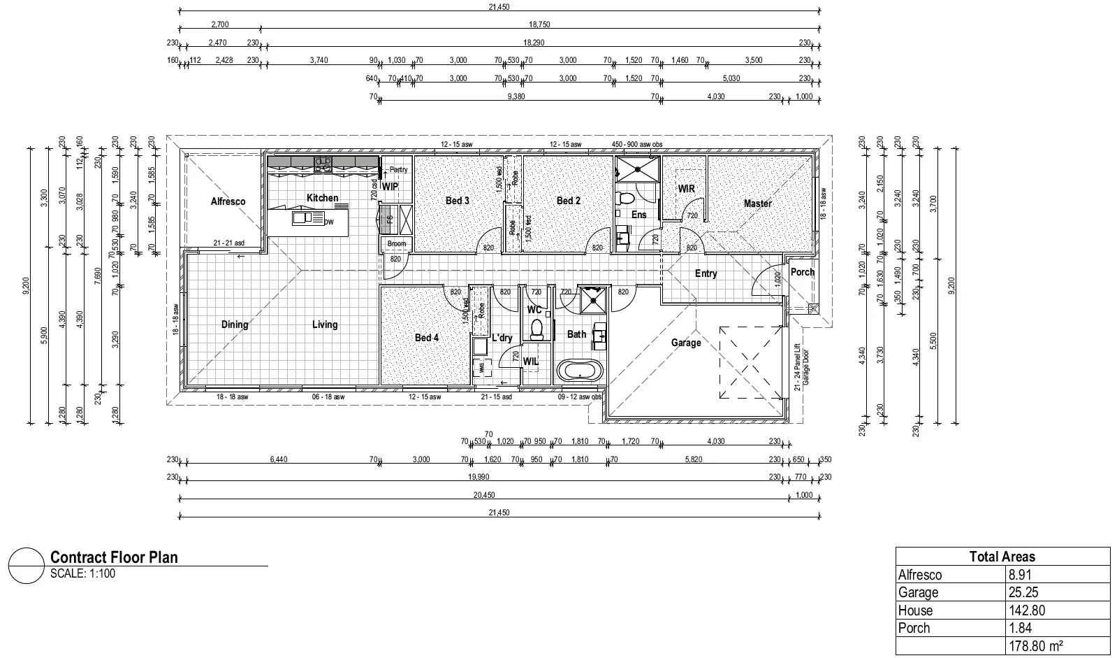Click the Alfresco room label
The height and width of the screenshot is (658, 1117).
(228, 201)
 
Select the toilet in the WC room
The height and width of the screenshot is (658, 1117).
(536, 329)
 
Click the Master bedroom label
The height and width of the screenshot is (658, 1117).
(757, 203)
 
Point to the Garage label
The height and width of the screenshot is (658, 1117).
(685, 343)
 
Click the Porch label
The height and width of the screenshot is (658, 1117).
(802, 272)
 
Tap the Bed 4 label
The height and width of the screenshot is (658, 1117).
(426, 338)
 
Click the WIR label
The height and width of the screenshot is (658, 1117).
(686, 189)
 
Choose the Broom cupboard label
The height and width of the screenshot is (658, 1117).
(396, 244)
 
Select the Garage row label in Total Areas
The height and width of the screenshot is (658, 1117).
(918, 592)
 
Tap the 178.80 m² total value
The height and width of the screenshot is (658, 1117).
(1035, 645)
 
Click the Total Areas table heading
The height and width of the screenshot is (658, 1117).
(1002, 557)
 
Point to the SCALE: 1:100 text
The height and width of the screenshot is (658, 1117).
(82, 574)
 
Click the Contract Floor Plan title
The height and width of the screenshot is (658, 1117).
(114, 557)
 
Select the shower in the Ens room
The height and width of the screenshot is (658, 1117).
(636, 168)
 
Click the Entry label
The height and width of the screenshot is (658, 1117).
(706, 273)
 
